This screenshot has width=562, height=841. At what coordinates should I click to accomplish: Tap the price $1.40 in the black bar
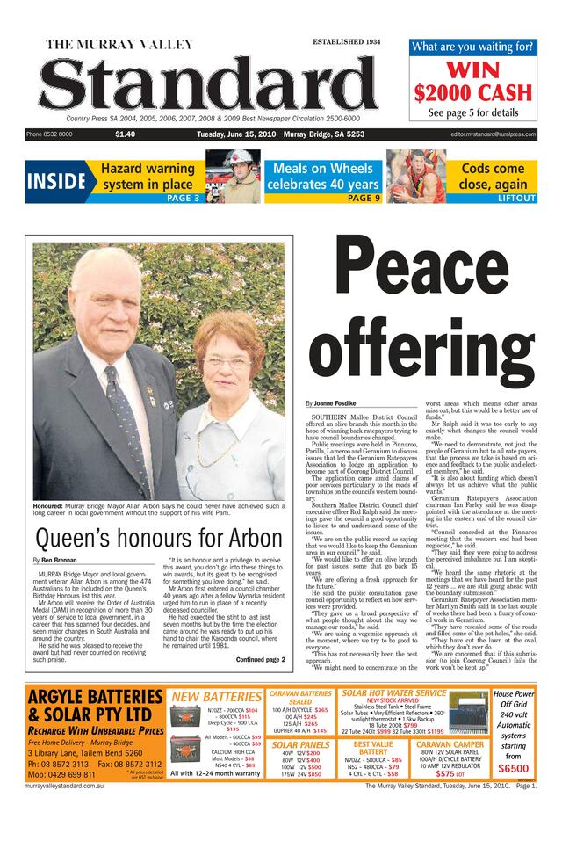(125, 134)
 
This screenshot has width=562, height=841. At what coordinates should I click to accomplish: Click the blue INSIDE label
(55, 182)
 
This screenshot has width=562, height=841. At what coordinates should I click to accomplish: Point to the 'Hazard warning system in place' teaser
(147, 176)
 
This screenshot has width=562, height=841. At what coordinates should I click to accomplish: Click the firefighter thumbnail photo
(233, 176)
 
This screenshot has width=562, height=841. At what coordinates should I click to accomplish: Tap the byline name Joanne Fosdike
(334, 402)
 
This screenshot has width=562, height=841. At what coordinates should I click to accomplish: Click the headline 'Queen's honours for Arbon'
(158, 537)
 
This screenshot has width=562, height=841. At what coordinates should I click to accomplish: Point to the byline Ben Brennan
(59, 560)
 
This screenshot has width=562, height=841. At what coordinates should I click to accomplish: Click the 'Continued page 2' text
(260, 659)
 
